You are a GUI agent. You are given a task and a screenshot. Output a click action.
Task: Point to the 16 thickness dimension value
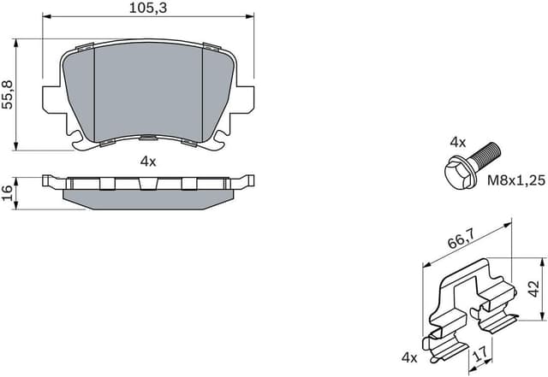coord(9,191)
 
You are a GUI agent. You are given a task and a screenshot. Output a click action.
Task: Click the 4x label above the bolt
coord(458,141)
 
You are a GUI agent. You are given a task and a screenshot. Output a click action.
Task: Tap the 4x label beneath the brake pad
coord(148,161)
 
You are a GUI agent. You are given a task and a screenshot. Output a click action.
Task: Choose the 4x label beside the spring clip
coord(408,357)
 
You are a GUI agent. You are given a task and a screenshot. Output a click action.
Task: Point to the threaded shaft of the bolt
coord(485,155)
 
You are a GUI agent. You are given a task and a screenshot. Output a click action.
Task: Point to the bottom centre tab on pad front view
coord(148,139)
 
